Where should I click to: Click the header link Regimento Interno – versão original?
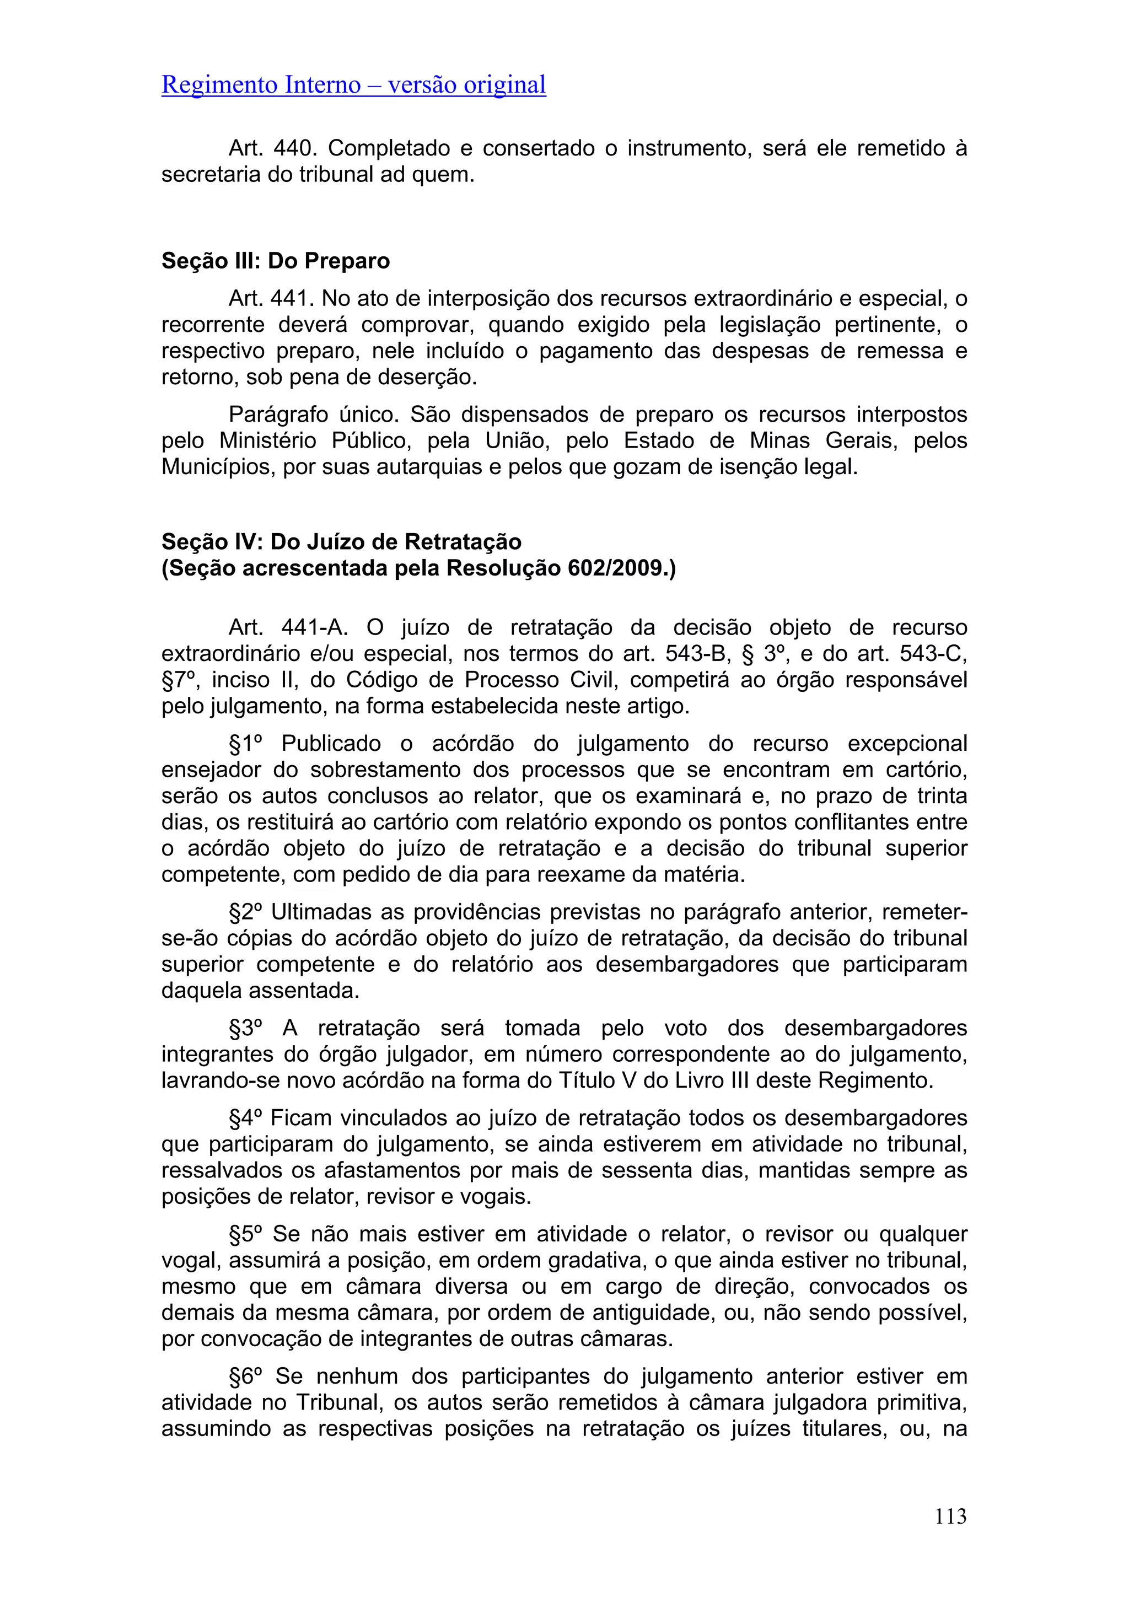point(353,85)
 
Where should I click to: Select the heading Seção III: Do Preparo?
point(276,261)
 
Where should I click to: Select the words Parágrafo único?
point(313,415)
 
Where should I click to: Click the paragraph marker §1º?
point(245,744)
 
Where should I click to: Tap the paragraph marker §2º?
point(245,912)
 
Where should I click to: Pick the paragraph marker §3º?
point(245,1028)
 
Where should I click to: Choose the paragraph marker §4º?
point(245,1118)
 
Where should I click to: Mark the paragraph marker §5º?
point(245,1234)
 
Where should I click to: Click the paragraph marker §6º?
point(245,1376)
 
